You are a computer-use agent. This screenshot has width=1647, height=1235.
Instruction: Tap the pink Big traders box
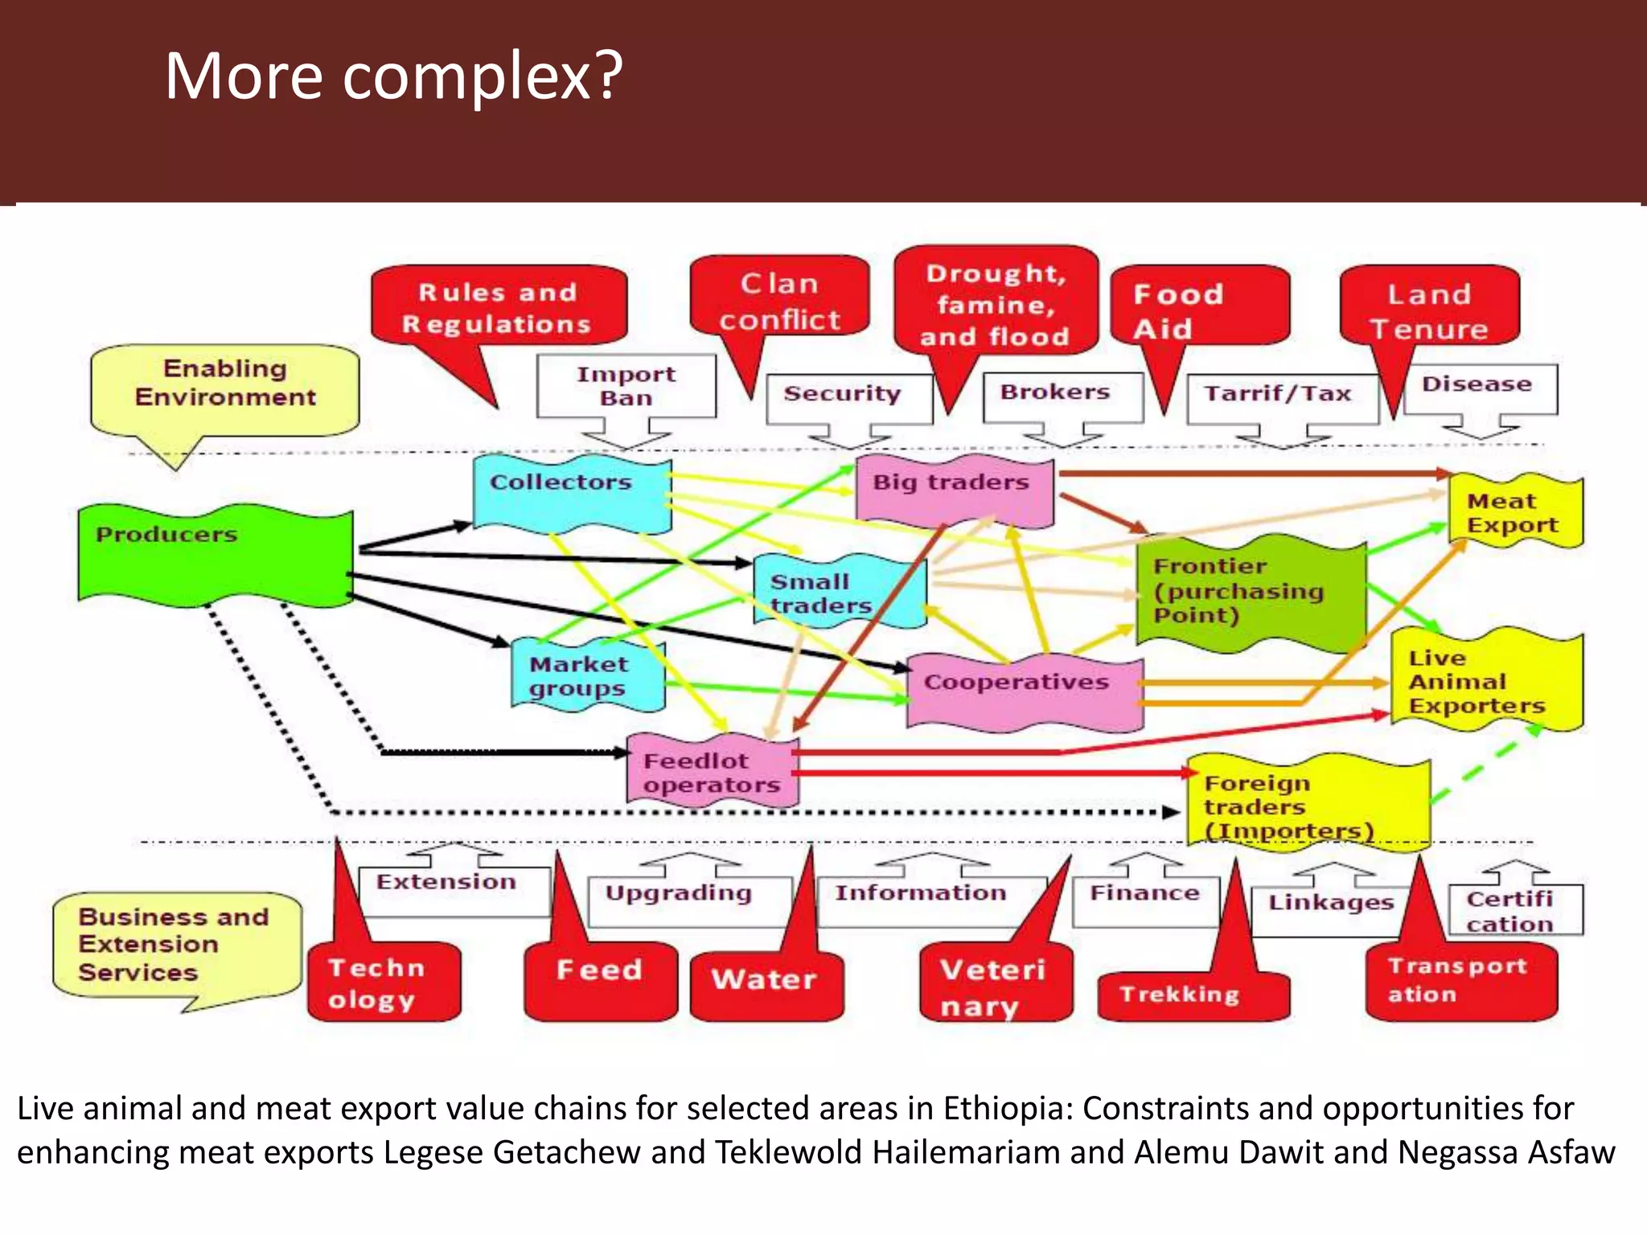tap(954, 490)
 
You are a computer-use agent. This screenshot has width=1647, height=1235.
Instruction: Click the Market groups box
tap(588, 676)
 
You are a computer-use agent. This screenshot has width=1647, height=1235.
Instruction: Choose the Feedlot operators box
tap(713, 772)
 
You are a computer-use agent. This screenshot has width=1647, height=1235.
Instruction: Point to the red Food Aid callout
tap(1199, 309)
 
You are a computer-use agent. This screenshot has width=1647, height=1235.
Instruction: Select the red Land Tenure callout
tap(1429, 310)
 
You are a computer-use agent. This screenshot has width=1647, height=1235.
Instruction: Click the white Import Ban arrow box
tap(626, 387)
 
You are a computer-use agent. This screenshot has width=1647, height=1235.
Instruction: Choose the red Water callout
tap(766, 983)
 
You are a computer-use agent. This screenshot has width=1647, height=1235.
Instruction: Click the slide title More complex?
tap(393, 76)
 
